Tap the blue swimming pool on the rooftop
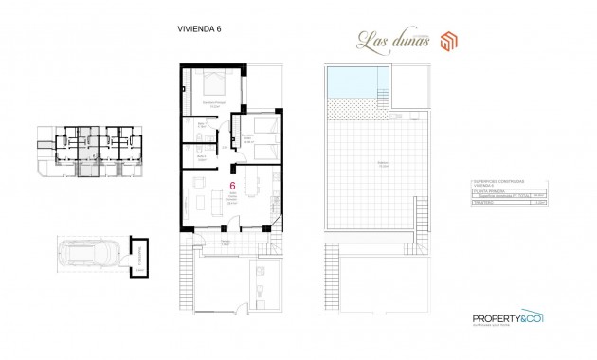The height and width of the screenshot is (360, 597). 353,88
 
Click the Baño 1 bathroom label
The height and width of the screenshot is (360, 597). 201,123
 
